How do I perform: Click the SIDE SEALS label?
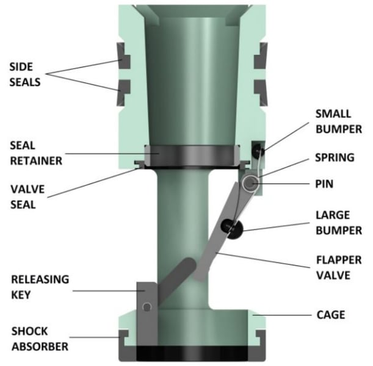tap(25, 74)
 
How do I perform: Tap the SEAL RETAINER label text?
tap(36, 153)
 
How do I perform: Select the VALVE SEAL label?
tap(27, 197)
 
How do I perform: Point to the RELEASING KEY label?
tap(40, 287)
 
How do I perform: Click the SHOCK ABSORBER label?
tap(40, 339)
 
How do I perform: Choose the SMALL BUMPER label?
tap(339, 121)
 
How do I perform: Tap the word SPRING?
tap(335, 157)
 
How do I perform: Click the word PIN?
tap(324, 184)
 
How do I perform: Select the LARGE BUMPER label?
tap(339, 223)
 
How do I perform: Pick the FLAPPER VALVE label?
tap(339, 268)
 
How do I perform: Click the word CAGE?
tap(331, 315)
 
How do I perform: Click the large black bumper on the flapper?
tap(232, 229)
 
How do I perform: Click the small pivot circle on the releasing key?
tap(147, 307)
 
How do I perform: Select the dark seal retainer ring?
tap(192, 156)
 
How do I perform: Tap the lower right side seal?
tap(261, 93)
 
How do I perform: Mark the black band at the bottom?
tap(192, 353)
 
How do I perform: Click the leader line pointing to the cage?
tap(282, 315)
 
